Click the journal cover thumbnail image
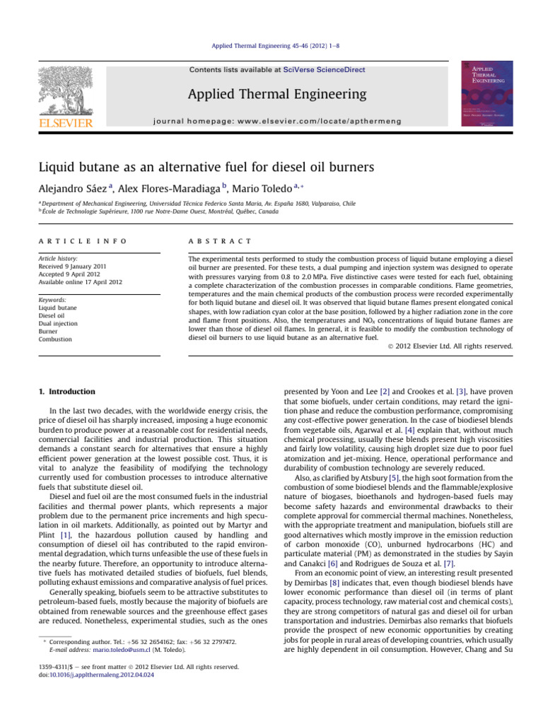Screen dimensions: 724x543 [487, 93]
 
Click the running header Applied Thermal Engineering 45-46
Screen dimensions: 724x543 [271, 44]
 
